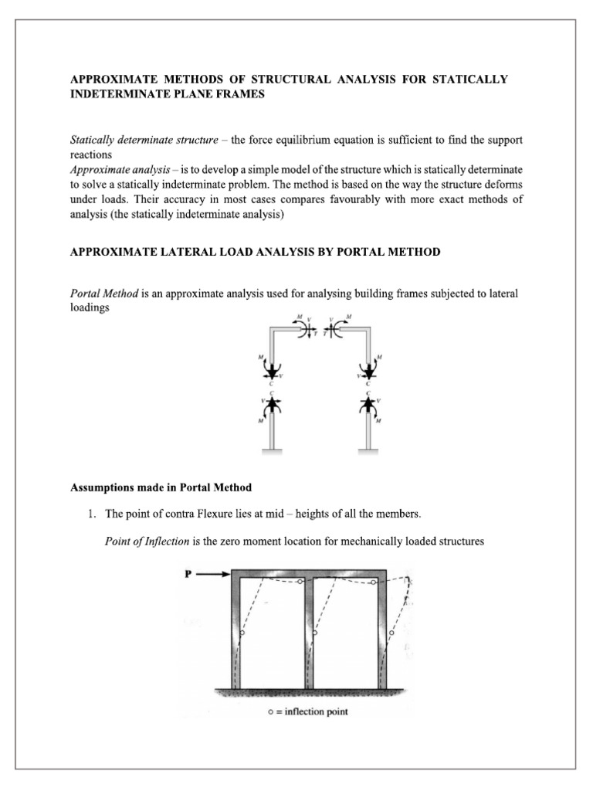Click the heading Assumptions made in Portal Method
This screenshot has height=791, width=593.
coord(161,487)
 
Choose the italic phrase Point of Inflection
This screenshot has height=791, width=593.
coord(147,541)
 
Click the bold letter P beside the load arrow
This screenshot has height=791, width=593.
coord(189,573)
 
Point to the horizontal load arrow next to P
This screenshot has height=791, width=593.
coord(213,574)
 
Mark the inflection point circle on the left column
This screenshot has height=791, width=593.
coord(242,633)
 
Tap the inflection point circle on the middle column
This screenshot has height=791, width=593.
coord(316,632)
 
